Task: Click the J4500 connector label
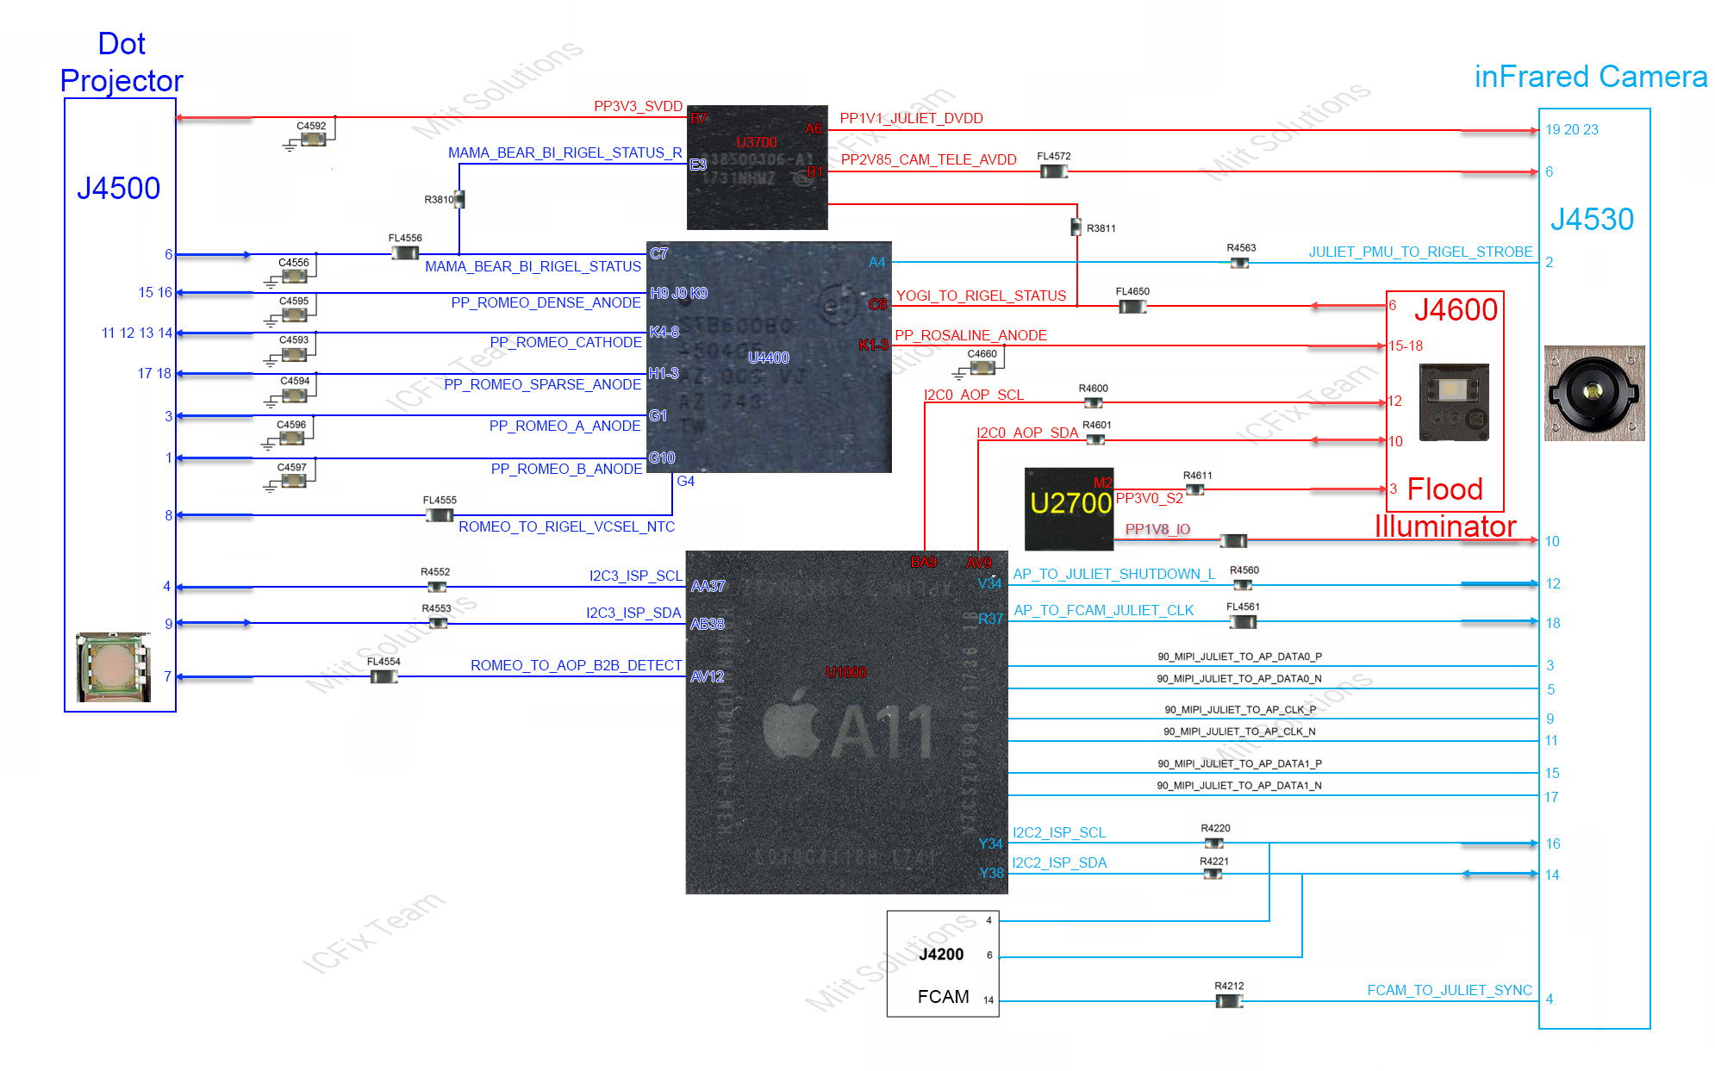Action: (x=119, y=189)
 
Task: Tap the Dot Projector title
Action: (x=122, y=62)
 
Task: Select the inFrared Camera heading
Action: (x=1590, y=78)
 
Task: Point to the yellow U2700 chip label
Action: (x=1070, y=503)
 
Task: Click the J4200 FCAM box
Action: (x=943, y=964)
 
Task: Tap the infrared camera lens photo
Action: (x=1593, y=393)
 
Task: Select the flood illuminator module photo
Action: (x=1454, y=402)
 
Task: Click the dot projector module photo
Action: (x=113, y=667)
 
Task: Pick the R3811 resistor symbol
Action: (x=1076, y=227)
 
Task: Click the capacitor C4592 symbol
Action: (x=312, y=139)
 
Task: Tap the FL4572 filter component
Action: (x=1053, y=171)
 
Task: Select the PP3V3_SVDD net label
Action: (x=638, y=107)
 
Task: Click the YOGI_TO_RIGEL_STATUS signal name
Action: (x=981, y=296)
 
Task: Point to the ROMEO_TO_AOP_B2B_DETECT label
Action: (x=576, y=665)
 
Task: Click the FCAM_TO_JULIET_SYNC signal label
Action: (x=1450, y=991)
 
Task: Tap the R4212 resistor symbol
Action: (x=1229, y=1001)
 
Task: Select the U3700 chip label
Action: (x=757, y=142)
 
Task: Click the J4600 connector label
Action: (x=1456, y=310)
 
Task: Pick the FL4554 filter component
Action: (x=384, y=676)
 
